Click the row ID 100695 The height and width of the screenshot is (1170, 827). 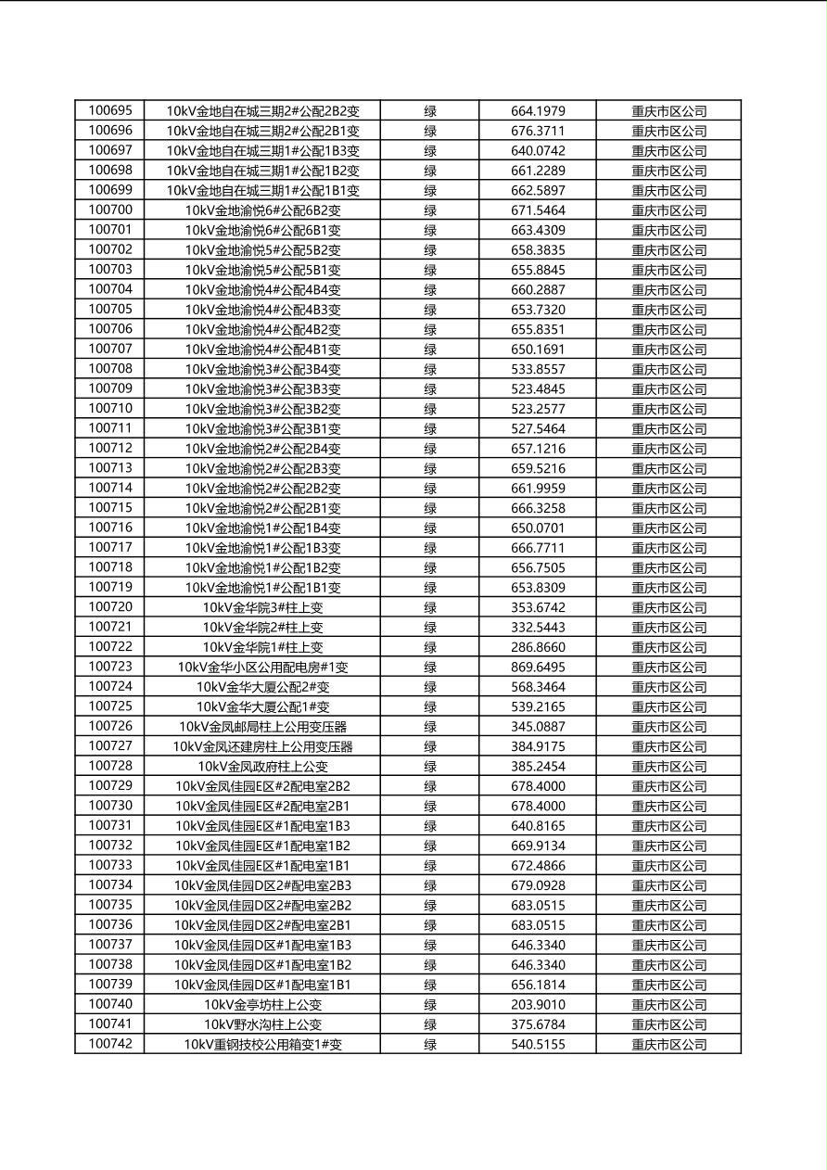pos(110,110)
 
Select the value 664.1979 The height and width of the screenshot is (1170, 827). pos(538,111)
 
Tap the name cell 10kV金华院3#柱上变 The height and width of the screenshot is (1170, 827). pos(262,608)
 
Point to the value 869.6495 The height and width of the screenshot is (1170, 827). pos(538,668)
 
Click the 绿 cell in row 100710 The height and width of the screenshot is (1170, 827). pos(430,409)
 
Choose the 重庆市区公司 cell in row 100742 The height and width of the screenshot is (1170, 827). pos(668,1045)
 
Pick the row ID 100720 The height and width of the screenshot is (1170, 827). pos(110,607)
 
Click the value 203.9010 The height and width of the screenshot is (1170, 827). pos(538,1005)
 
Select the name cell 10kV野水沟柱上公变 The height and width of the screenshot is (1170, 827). pos(262,1025)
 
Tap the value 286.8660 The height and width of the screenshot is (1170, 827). pos(538,648)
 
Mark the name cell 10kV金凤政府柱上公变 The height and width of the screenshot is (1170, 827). pos(262,767)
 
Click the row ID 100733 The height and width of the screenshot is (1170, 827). pos(110,865)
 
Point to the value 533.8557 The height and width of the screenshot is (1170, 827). pos(538,369)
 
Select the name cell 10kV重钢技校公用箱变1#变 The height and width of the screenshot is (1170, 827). pos(262,1045)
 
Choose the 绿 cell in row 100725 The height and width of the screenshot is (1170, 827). pos(430,707)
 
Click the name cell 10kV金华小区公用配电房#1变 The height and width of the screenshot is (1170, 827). pos(262,668)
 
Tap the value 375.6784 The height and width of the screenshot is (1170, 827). pos(538,1025)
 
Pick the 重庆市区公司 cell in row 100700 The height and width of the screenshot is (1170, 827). pos(668,210)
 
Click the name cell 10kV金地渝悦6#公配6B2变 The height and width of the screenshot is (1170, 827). pos(262,210)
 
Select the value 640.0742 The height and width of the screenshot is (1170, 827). pos(538,151)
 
